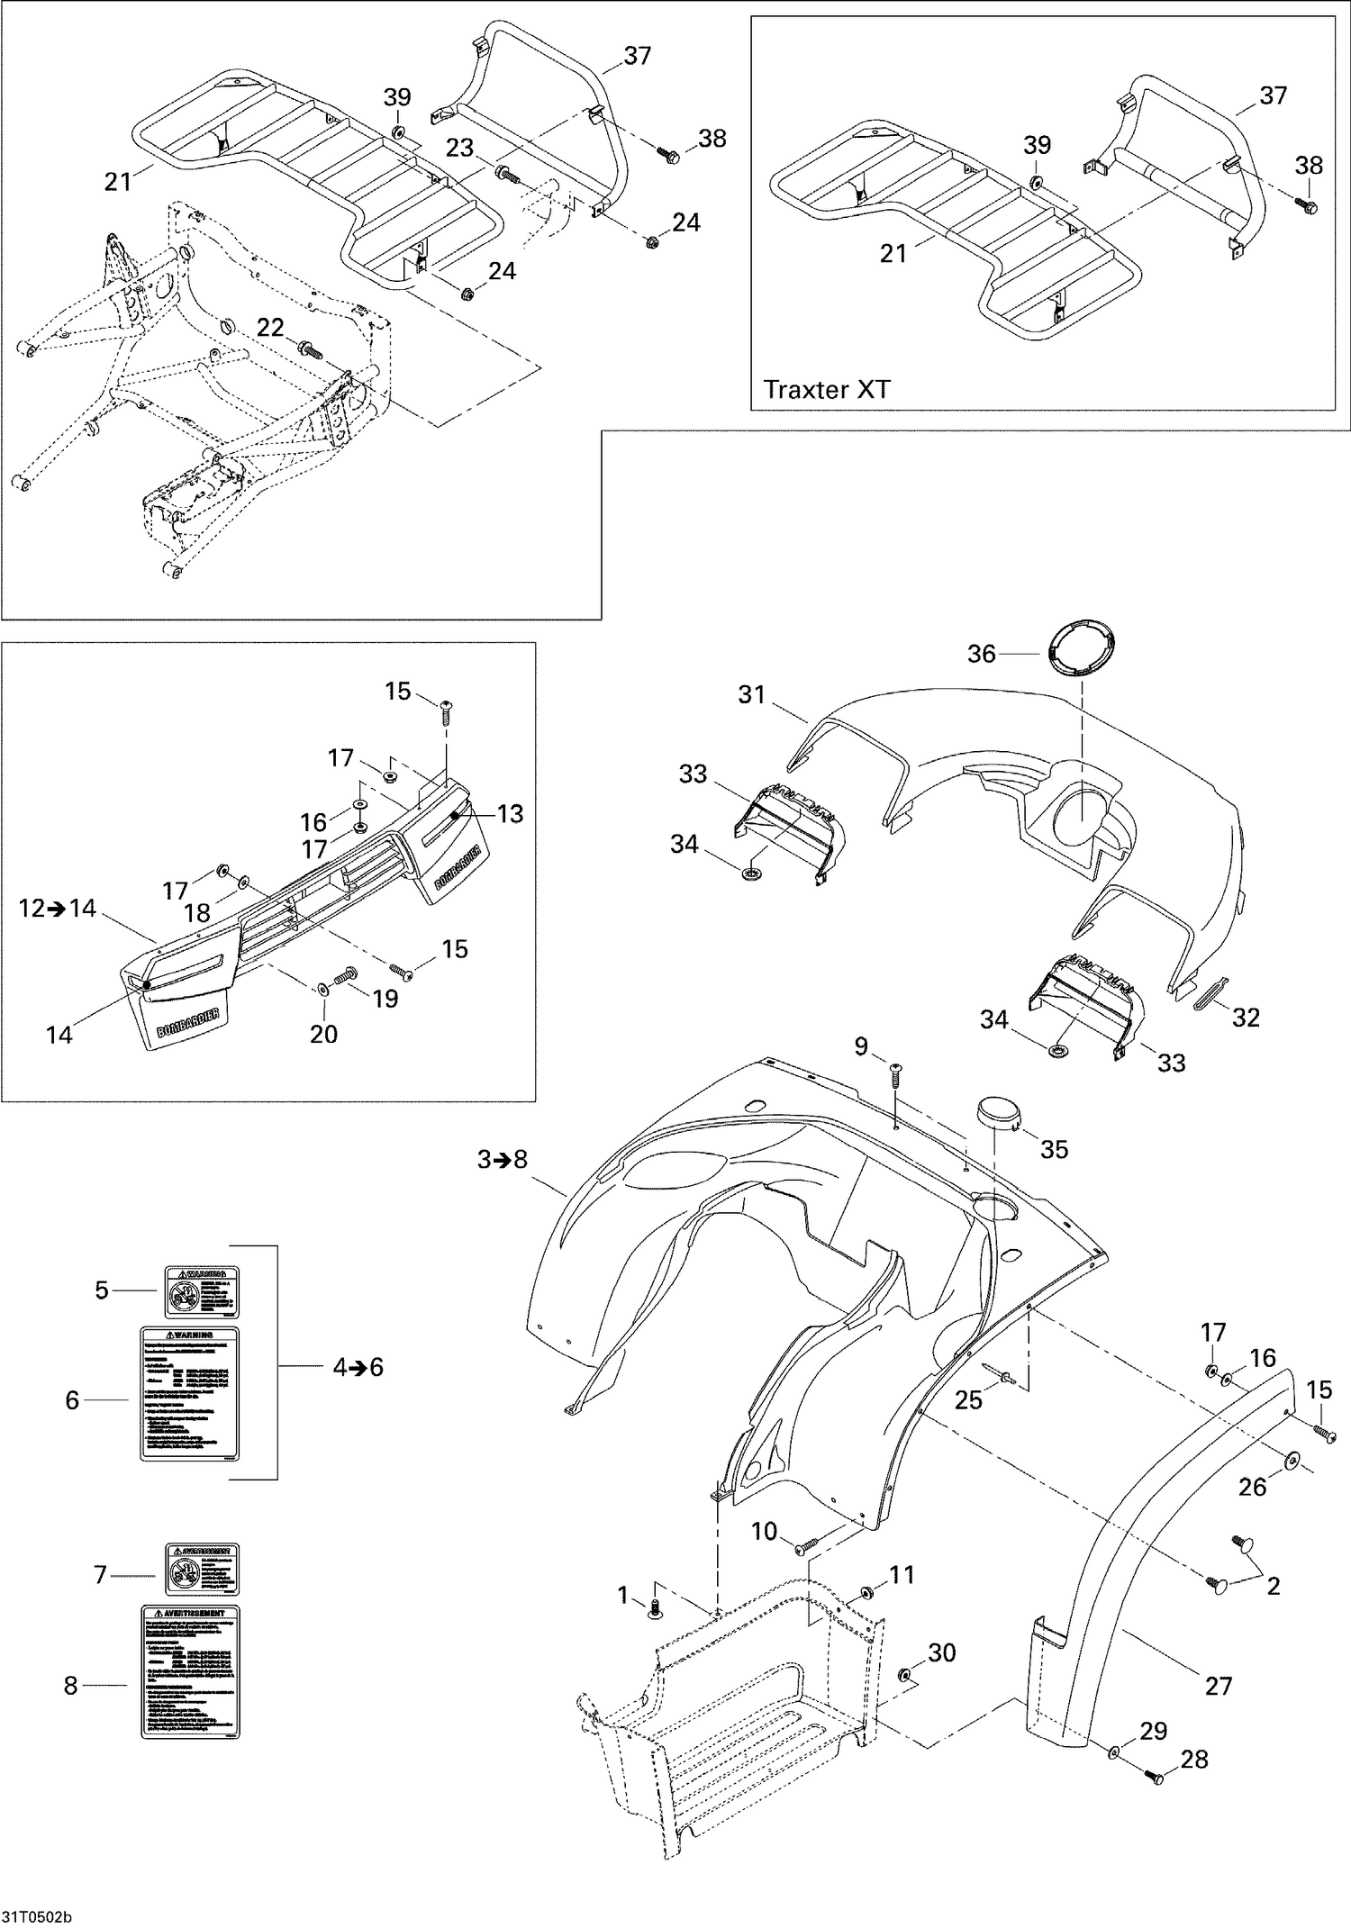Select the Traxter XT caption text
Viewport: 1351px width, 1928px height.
826,389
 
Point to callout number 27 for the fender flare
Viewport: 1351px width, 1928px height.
1218,1685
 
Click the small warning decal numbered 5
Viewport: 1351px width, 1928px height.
201,1290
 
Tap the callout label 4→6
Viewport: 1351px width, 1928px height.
358,1367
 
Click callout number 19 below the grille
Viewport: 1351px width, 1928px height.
385,998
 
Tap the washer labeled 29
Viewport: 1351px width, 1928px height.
1115,1751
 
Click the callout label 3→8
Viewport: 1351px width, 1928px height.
502,1160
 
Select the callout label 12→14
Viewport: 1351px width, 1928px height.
58,909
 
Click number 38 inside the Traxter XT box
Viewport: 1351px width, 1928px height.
1309,165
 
